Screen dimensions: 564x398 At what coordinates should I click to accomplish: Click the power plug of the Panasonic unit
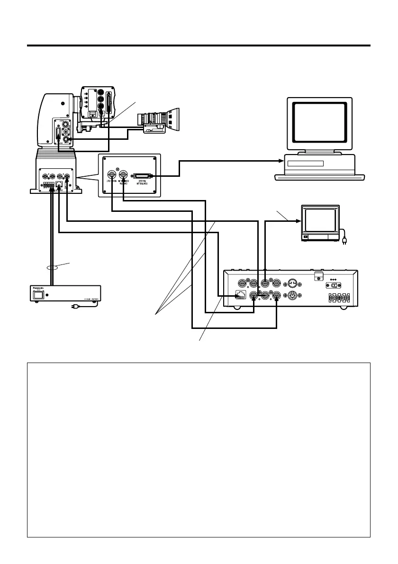click(73, 307)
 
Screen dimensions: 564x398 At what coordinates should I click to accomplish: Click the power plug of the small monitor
click(345, 242)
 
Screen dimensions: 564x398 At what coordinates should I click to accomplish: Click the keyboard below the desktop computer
click(320, 177)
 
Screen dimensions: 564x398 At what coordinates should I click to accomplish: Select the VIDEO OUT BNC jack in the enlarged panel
click(112, 174)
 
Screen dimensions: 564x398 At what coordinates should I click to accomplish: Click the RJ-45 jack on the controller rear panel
click(241, 297)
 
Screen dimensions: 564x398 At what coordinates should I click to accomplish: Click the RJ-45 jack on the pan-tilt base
click(58, 183)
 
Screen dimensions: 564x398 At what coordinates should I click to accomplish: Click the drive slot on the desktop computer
click(305, 164)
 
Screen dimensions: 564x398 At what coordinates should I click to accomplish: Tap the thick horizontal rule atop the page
click(199, 46)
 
